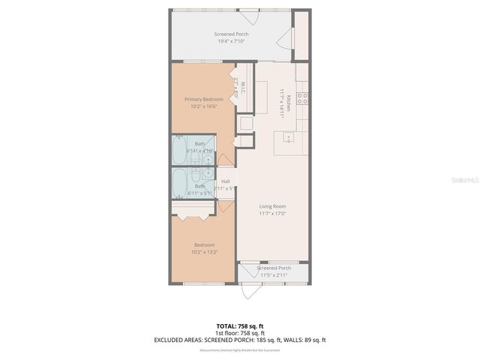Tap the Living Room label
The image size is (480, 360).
[273, 206]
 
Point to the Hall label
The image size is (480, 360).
[226, 181]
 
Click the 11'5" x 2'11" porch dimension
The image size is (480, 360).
[274, 275]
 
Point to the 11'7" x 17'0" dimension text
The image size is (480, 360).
[273, 214]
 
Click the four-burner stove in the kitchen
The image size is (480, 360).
[302, 98]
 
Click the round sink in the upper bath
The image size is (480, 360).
[206, 158]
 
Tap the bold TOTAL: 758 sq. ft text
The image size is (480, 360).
[239, 325]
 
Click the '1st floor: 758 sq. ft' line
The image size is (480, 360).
[239, 332]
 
